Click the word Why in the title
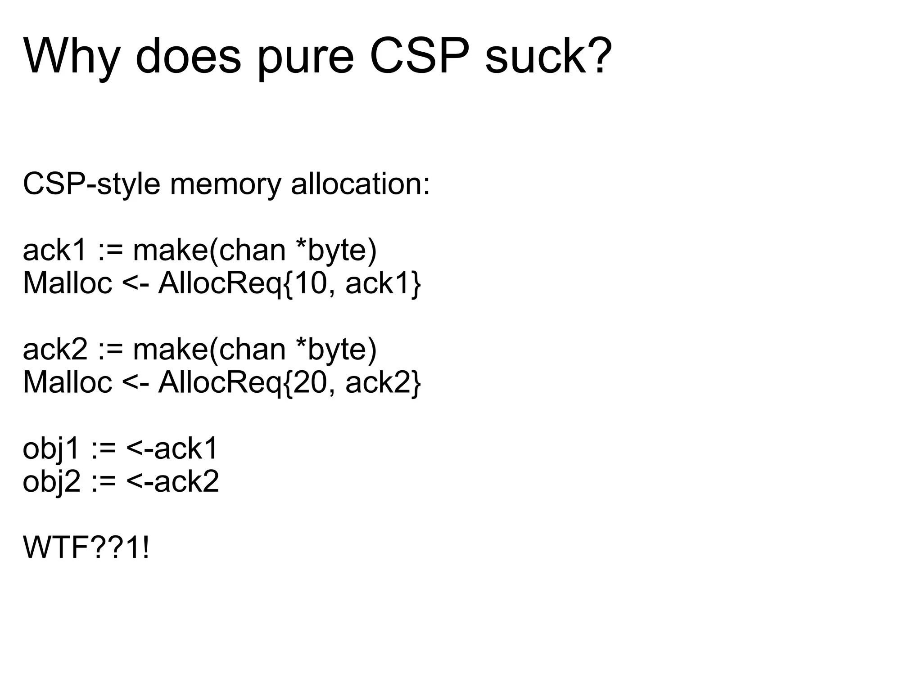71,56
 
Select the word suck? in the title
548,56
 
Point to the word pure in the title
306,56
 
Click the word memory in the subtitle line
225,184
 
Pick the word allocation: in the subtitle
361,184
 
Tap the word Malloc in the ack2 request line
68,382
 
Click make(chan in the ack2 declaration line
209,349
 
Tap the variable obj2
51,481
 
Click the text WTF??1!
86,548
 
